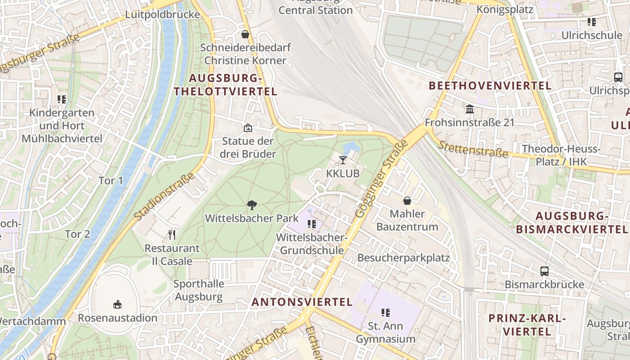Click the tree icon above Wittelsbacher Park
coord(252,205)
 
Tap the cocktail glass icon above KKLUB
coord(343,160)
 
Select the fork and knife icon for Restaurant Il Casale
coord(171,234)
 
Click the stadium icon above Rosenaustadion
coord(117,305)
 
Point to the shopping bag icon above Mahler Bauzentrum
coord(407,201)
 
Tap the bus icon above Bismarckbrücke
coord(544,271)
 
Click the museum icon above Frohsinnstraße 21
coord(470,109)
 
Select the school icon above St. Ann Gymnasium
coord(386,312)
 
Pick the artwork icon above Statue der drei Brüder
coord(247,128)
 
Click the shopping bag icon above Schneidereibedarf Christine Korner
coord(245,34)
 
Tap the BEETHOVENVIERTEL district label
coord(490,85)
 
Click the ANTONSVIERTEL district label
coord(302,302)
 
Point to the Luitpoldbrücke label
coord(162,14)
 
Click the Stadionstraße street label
coord(164,197)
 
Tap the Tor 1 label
coord(111,180)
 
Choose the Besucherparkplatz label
coord(403,258)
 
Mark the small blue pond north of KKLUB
coord(351,148)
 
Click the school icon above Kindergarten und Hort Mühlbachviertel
coord(62,99)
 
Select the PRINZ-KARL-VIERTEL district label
coord(527,325)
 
